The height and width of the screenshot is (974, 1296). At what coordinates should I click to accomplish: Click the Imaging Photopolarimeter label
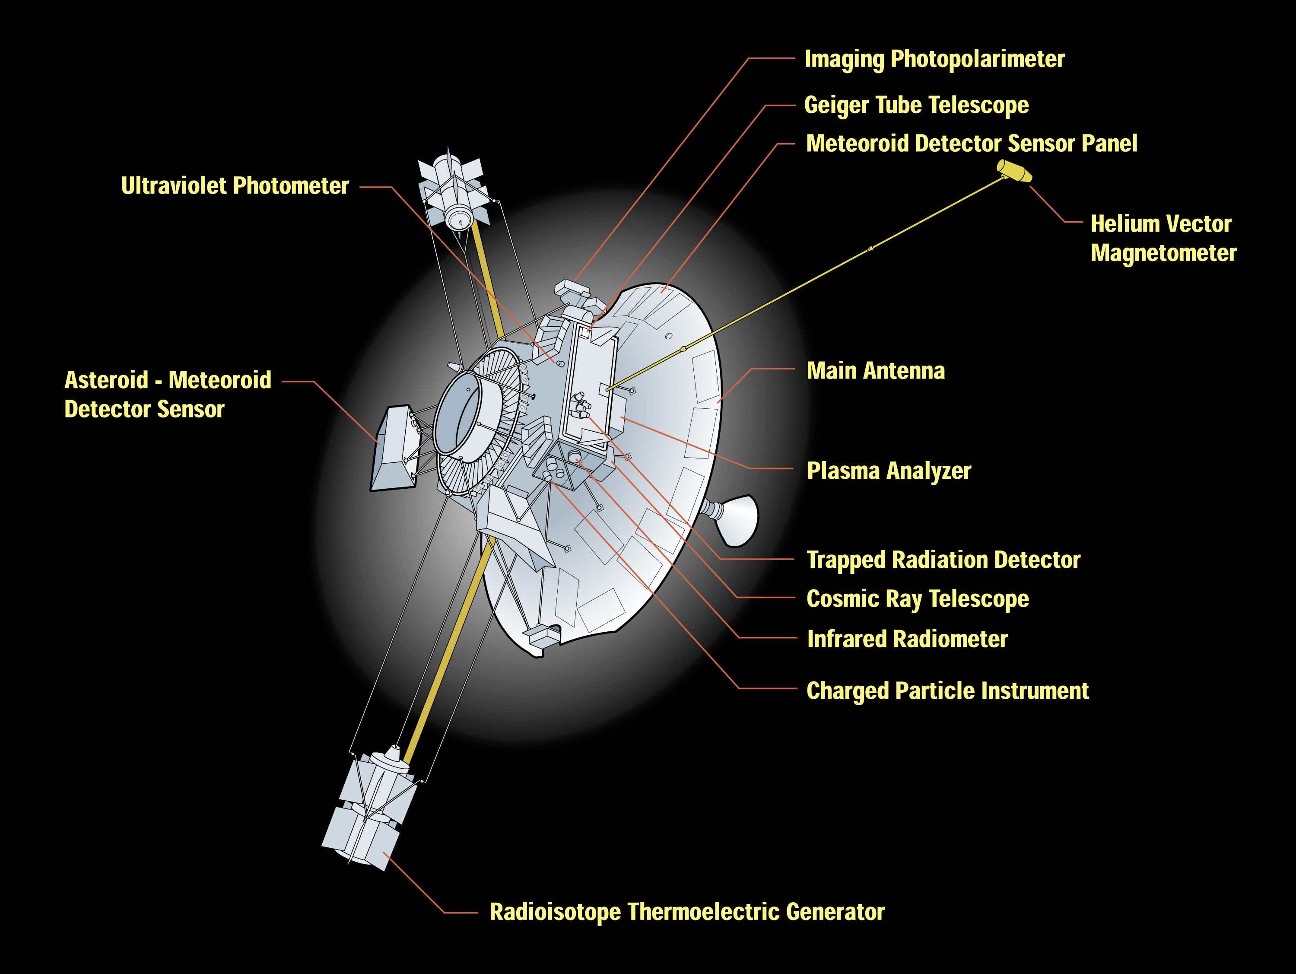934,59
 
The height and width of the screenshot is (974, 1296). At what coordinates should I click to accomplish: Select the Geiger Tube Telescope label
916,105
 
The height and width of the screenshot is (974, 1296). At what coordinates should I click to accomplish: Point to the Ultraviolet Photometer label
235,186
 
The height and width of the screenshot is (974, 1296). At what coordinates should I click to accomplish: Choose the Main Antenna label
875,371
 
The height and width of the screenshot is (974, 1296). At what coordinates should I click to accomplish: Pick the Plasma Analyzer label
888,471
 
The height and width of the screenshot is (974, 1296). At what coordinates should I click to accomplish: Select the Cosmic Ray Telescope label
917,599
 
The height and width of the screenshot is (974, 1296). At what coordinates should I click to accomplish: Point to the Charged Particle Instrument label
947,691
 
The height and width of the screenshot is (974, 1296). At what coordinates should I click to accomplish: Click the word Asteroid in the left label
106,380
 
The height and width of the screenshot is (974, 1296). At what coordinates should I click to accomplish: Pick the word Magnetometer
1163,253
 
